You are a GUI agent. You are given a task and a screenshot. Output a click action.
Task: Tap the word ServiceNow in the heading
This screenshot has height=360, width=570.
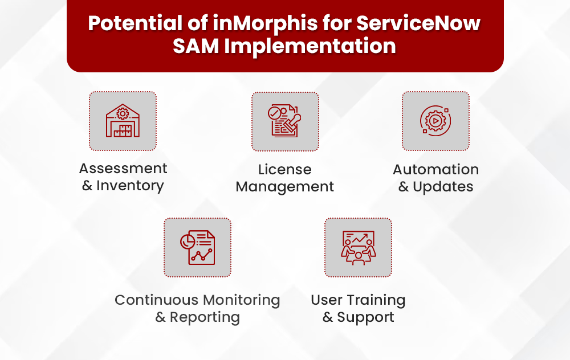coord(418,24)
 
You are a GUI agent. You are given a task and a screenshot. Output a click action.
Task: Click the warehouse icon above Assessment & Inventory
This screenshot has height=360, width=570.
coord(123,121)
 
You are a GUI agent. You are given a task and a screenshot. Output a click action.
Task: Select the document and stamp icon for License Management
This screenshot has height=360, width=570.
coord(285,121)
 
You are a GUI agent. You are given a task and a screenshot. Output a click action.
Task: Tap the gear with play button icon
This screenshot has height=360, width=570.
coord(435,121)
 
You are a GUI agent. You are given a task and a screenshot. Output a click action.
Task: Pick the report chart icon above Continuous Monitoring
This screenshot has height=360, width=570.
coord(197,247)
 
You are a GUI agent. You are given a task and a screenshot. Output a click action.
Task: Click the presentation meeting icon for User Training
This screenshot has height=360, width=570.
coord(358,247)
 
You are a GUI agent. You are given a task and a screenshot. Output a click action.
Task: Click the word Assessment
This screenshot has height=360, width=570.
coord(123,169)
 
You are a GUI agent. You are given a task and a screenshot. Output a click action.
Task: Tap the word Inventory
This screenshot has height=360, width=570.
coord(130,186)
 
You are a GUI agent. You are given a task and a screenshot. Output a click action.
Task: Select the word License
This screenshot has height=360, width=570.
coord(285,170)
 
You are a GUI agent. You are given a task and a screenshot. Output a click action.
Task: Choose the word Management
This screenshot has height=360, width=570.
coord(285,187)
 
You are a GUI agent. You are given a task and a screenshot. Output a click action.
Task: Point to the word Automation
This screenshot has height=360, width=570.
coord(435,170)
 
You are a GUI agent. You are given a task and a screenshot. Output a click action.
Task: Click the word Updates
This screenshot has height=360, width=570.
coord(443,187)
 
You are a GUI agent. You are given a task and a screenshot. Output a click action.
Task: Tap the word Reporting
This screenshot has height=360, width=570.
coord(205,317)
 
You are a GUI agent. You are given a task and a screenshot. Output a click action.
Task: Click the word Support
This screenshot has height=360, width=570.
coord(365,317)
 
